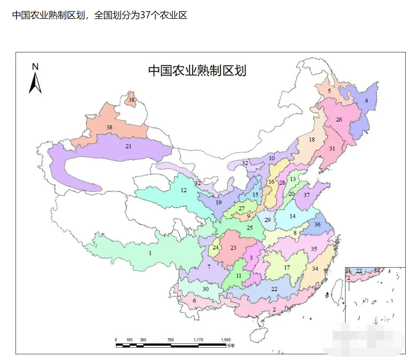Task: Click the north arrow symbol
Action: tap(35, 83)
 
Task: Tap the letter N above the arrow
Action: tap(35, 66)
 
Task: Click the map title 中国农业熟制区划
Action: tap(197, 70)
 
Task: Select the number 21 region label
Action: tap(129, 146)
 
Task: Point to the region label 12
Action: tap(184, 190)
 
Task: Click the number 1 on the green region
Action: tap(150, 253)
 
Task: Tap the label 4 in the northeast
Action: tap(366, 101)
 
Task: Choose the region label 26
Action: tap(339, 119)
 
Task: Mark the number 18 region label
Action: tap(312, 139)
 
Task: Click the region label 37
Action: tap(306, 195)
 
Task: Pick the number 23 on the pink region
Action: tap(233, 247)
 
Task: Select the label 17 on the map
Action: tap(287, 267)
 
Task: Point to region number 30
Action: tap(205, 289)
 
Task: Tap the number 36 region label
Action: tap(317, 225)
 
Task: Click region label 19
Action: tap(218, 202)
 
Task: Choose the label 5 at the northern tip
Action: tap(329, 91)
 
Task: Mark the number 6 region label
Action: tap(194, 301)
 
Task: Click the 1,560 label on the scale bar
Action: tap(226, 340)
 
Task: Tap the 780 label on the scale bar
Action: tap(171, 340)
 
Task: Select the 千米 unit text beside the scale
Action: tap(231, 346)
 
